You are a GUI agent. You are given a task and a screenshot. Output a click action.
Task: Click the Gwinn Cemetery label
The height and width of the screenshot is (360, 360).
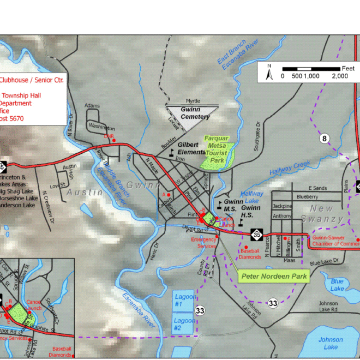point(195,113)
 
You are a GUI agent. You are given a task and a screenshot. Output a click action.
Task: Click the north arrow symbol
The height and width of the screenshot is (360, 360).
point(269,71)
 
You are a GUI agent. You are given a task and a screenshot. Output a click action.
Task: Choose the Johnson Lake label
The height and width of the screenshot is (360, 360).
point(331,343)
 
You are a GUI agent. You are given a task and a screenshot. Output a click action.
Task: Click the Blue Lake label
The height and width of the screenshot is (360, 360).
point(337,284)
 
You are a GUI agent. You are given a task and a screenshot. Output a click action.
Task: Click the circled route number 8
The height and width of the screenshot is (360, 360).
point(325,139)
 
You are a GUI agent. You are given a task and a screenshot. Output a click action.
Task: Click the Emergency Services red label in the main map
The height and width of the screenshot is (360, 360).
point(203,243)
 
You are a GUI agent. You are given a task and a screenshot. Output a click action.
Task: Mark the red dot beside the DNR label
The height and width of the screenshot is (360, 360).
point(114,140)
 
